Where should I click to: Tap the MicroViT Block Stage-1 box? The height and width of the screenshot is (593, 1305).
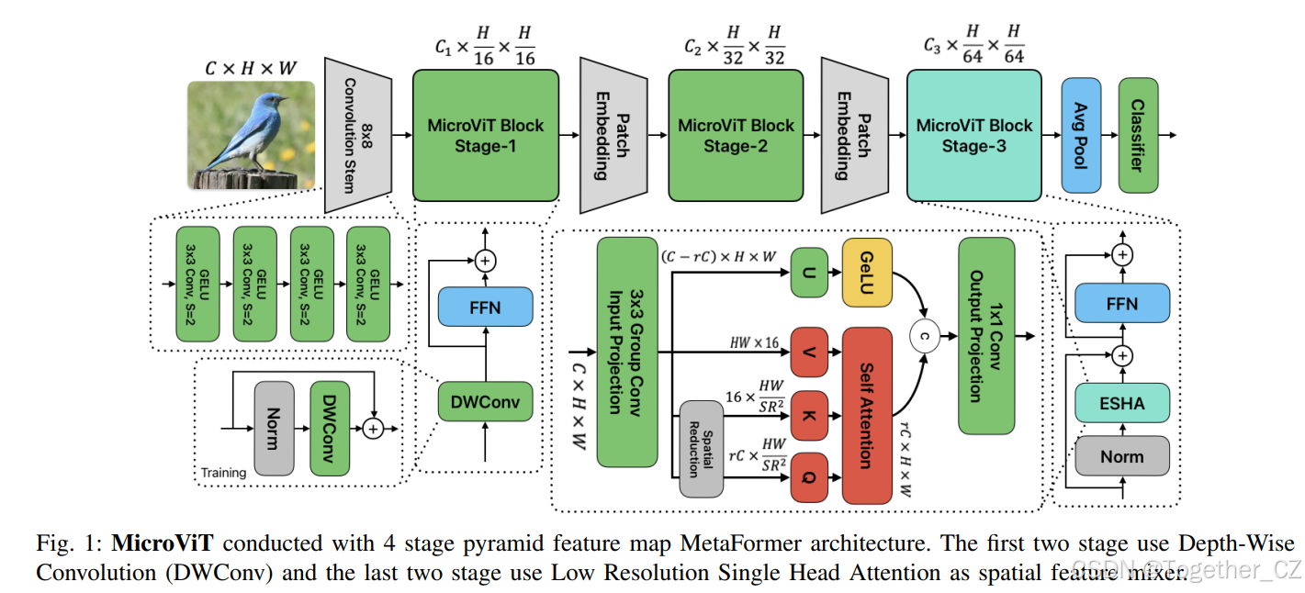486,135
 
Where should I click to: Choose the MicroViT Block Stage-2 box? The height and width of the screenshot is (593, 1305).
735,135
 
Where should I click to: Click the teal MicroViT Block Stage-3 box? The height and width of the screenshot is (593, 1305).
973,135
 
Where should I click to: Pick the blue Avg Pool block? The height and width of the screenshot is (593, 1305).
1081,135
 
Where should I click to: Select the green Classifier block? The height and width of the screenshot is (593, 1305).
1138,135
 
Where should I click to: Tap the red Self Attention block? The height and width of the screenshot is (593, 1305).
866,415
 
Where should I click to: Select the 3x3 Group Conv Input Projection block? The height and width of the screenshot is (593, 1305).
627,352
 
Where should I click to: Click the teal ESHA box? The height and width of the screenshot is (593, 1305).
1122,403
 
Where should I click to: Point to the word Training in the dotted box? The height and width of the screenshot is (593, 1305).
224,473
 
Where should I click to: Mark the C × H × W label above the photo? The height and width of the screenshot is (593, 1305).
251,68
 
